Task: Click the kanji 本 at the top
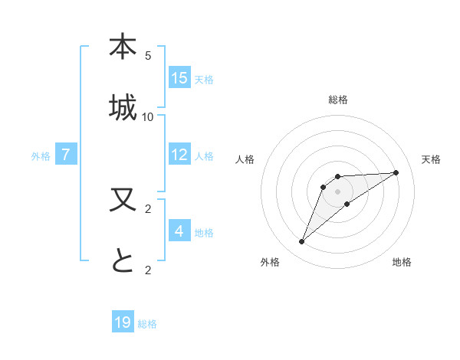coord(123,47)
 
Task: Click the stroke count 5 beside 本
coord(148,56)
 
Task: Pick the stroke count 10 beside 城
coord(148,116)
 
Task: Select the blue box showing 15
coord(179,78)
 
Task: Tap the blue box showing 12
coord(179,155)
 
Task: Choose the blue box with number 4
coord(179,231)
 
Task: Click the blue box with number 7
coord(66,155)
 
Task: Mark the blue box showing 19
coord(123,322)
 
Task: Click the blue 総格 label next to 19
coord(147,324)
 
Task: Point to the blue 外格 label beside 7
coord(41,156)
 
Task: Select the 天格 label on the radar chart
coord(431,159)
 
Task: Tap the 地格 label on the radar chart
coord(402,262)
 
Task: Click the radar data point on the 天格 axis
coord(396,172)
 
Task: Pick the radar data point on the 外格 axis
coord(301,242)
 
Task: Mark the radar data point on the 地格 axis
coord(347,204)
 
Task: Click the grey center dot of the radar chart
coord(338,191)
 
